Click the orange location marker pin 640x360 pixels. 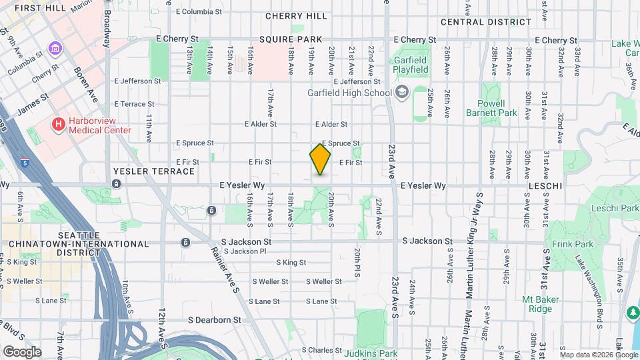pyautogui.click(x=320, y=159)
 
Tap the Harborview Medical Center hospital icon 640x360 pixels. pyautogui.click(x=59, y=124)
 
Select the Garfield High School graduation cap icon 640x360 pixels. pyautogui.click(x=401, y=92)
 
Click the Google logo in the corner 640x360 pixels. pyautogui.click(x=21, y=351)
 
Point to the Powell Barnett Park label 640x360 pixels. pyautogui.click(x=497, y=108)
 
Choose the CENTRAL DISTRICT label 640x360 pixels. pyautogui.click(x=486, y=22)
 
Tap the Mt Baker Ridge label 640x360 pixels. pyautogui.click(x=536, y=304)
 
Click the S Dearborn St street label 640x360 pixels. pyautogui.click(x=214, y=320)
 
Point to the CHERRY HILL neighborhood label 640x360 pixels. pyautogui.click(x=296, y=16)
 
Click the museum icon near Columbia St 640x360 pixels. pyautogui.click(x=54, y=49)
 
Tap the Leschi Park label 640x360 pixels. pyautogui.click(x=615, y=208)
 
